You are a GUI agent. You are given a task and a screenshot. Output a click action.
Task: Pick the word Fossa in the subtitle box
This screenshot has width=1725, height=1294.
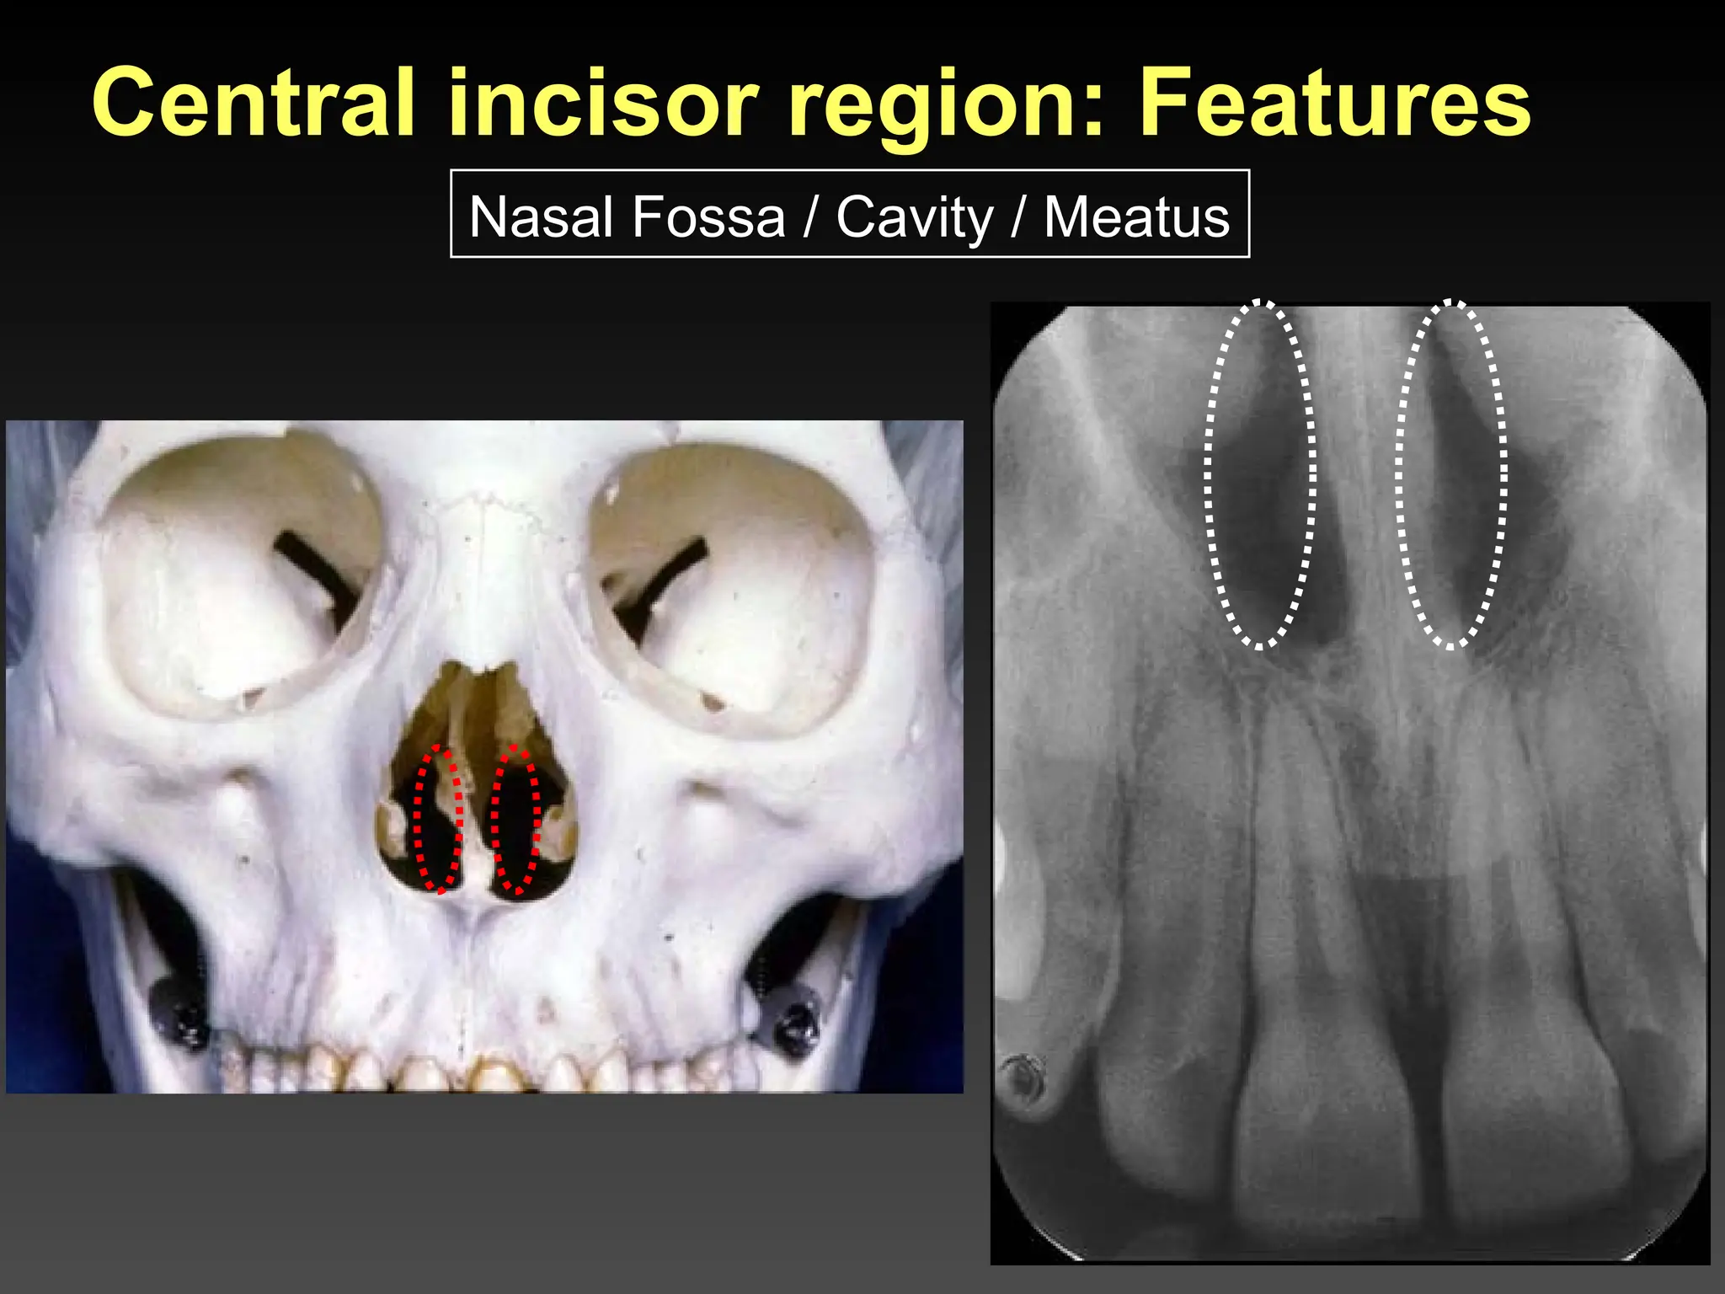point(708,217)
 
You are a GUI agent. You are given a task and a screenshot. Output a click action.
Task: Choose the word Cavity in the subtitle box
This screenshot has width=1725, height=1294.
point(915,218)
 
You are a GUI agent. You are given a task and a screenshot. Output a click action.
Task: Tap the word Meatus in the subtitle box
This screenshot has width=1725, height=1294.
point(1136,217)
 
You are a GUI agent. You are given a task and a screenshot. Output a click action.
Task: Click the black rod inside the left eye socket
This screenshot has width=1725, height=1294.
point(316,573)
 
